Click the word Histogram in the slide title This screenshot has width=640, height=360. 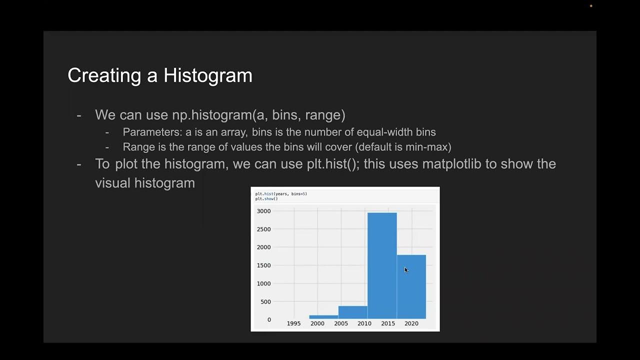pos(207,75)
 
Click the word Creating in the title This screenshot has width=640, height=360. pos(104,75)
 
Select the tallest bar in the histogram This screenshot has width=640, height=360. pos(382,265)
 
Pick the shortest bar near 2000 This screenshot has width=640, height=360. pos(323,316)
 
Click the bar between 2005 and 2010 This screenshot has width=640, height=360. pos(352,312)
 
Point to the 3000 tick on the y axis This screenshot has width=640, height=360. pos(263,211)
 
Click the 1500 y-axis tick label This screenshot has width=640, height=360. pos(263,265)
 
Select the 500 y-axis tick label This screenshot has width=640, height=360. pos(265,301)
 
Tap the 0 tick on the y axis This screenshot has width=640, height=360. pos(269,319)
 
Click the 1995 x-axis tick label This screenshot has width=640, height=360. pos(293,323)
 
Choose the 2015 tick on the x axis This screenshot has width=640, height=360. pos(387,323)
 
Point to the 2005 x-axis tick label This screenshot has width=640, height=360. pos(340,323)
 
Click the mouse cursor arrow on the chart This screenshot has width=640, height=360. pos(406,270)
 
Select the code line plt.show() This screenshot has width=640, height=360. pos(266,199)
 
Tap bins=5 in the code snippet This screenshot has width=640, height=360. pos(299,193)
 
